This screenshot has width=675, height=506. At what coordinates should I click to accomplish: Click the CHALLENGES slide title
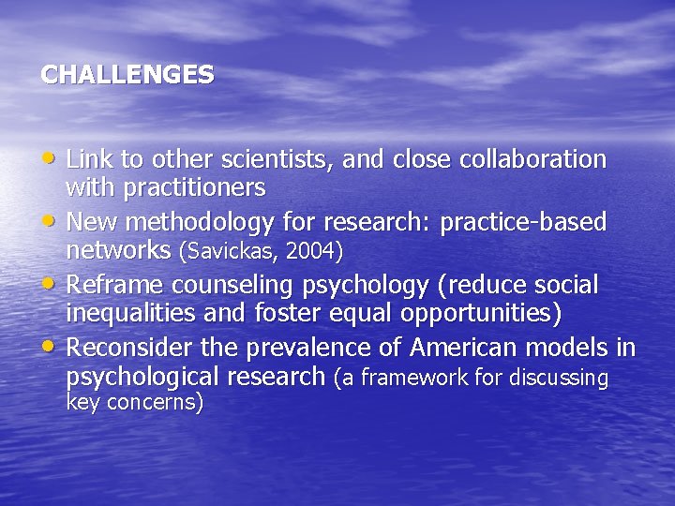pos(127,75)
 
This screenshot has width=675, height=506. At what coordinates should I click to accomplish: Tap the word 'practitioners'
pos(193,188)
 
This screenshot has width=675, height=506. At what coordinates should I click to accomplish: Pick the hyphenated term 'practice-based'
pos(523,222)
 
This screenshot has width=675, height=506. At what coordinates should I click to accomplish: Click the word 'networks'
pos(119,250)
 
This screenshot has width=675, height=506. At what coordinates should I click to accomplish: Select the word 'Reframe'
pos(114,285)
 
